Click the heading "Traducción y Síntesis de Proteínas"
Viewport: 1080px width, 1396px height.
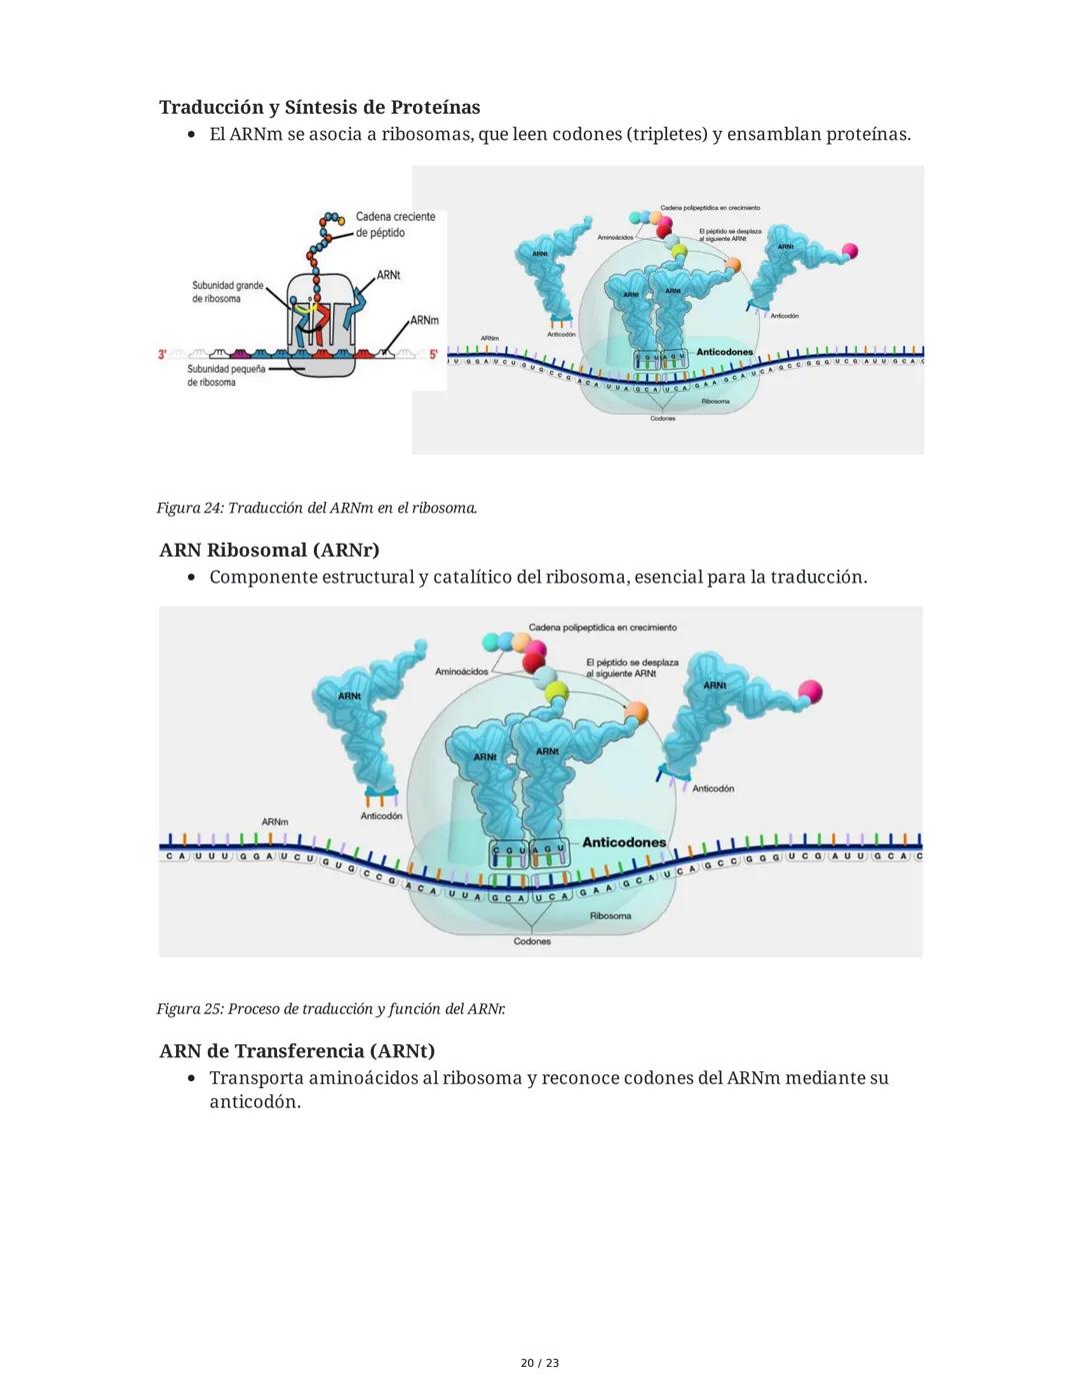click(x=319, y=107)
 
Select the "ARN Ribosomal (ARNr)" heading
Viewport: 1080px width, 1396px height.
click(x=269, y=550)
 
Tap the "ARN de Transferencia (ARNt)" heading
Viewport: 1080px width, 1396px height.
click(x=297, y=1050)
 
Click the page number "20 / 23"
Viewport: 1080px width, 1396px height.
click(x=540, y=1363)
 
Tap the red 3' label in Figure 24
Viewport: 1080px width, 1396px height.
click(x=163, y=354)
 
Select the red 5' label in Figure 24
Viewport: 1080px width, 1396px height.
click(x=434, y=354)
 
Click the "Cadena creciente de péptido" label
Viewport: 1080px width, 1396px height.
click(x=395, y=225)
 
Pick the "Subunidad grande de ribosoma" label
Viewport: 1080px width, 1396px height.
click(x=227, y=292)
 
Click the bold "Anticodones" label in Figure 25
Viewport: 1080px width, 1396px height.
click(x=624, y=842)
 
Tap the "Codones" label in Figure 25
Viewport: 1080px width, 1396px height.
click(x=532, y=941)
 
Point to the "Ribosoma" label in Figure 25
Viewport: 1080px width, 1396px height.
click(x=610, y=915)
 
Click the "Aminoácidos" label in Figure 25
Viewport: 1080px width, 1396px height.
click(x=461, y=672)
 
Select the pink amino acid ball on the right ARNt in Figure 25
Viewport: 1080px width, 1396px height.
click(x=810, y=691)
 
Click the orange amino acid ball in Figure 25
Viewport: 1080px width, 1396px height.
click(x=636, y=712)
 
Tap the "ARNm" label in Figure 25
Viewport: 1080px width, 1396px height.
click(x=275, y=821)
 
